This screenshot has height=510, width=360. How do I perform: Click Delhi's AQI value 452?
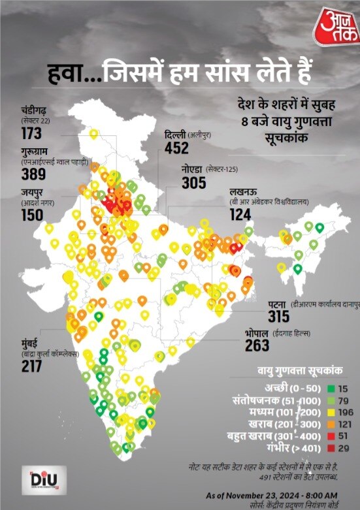point(176,148)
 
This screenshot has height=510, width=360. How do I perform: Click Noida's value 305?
point(193,183)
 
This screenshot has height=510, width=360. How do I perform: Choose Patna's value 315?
point(280,317)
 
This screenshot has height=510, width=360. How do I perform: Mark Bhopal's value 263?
point(257,345)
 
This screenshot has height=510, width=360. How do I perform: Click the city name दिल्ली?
point(176,135)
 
